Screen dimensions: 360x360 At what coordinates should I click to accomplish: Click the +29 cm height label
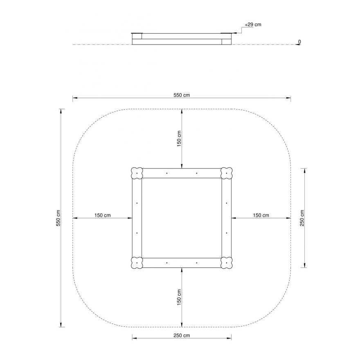[x=253, y=25]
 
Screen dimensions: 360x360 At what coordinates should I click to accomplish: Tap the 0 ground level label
[x=299, y=42]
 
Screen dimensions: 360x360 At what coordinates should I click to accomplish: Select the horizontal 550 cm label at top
[x=182, y=95]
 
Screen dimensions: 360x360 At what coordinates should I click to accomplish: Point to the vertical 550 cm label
[x=58, y=218]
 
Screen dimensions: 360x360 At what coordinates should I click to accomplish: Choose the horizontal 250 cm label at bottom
[x=182, y=335]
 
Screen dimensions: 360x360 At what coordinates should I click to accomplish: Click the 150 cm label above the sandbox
[x=179, y=139]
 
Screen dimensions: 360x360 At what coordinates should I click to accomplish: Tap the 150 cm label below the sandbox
[x=179, y=297]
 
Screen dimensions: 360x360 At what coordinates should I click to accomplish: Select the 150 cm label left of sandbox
[x=102, y=215]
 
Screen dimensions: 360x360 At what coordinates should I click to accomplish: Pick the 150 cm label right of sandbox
[x=261, y=215]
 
